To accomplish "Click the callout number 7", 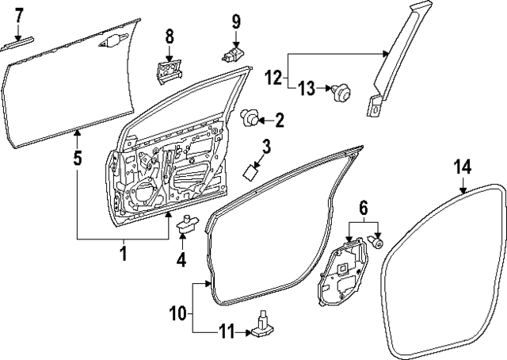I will click(19, 13).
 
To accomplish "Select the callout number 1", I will click(123, 253).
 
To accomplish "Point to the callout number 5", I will click(77, 158).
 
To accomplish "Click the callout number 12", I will click(273, 79).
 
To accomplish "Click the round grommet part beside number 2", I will click(250, 120).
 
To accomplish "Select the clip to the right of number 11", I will click(262, 327).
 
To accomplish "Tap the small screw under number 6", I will click(377, 243).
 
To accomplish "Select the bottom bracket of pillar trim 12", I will click(372, 105).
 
